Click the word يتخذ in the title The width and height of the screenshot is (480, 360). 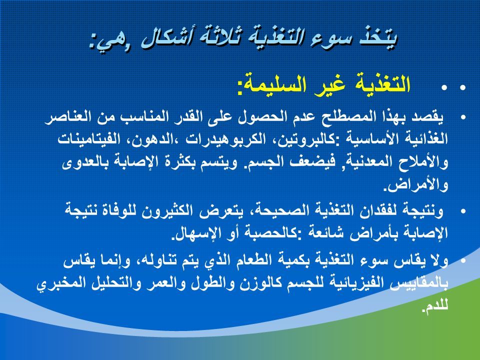[377, 38]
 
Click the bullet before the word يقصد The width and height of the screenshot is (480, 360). [463, 117]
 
